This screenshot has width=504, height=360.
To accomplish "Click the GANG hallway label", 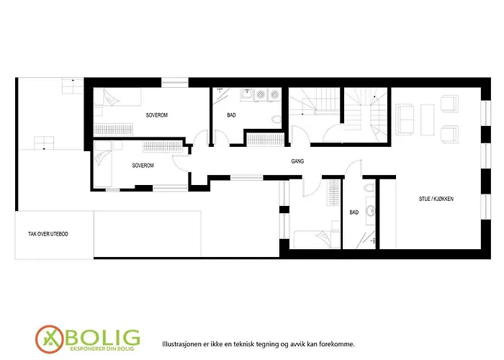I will [297, 161].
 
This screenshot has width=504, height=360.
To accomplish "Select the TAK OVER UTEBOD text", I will [48, 234].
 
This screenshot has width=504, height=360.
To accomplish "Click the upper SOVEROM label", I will [157, 115].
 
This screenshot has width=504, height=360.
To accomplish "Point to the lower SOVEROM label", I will [143, 165].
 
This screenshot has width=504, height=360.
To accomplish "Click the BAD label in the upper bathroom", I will [231, 115].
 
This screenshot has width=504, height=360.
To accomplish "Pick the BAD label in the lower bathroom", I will [354, 212].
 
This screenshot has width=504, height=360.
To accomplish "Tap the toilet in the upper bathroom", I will [275, 119].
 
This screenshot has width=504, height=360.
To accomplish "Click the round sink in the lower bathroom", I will [372, 211].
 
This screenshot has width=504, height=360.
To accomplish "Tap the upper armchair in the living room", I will [449, 104].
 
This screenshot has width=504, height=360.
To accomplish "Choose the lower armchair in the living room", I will [449, 132].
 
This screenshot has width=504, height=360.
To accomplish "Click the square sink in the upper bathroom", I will [246, 93].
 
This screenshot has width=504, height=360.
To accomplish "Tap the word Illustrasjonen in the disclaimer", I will [184, 344].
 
